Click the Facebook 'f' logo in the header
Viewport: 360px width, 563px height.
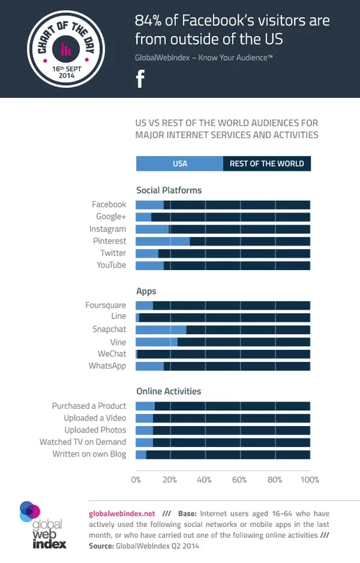click(x=140, y=78)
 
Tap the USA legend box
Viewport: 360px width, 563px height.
click(x=179, y=163)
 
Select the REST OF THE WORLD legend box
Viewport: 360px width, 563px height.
click(x=266, y=163)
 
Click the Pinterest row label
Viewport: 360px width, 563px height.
click(x=109, y=241)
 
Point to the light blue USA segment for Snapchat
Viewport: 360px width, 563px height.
click(x=161, y=330)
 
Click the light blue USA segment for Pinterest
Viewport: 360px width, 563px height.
click(x=163, y=241)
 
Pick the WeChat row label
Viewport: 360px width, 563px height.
click(x=112, y=354)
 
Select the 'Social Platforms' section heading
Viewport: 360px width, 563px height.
click(x=168, y=191)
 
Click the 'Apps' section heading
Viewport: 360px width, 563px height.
click(x=146, y=292)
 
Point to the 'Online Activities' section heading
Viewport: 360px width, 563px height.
click(x=168, y=392)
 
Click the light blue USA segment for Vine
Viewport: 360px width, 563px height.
click(x=156, y=342)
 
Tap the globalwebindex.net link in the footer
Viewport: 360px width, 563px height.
click(x=121, y=513)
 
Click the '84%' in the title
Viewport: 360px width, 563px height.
click(x=150, y=20)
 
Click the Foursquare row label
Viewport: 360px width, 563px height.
click(x=105, y=305)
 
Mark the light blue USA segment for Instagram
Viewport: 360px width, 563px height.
click(x=152, y=229)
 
